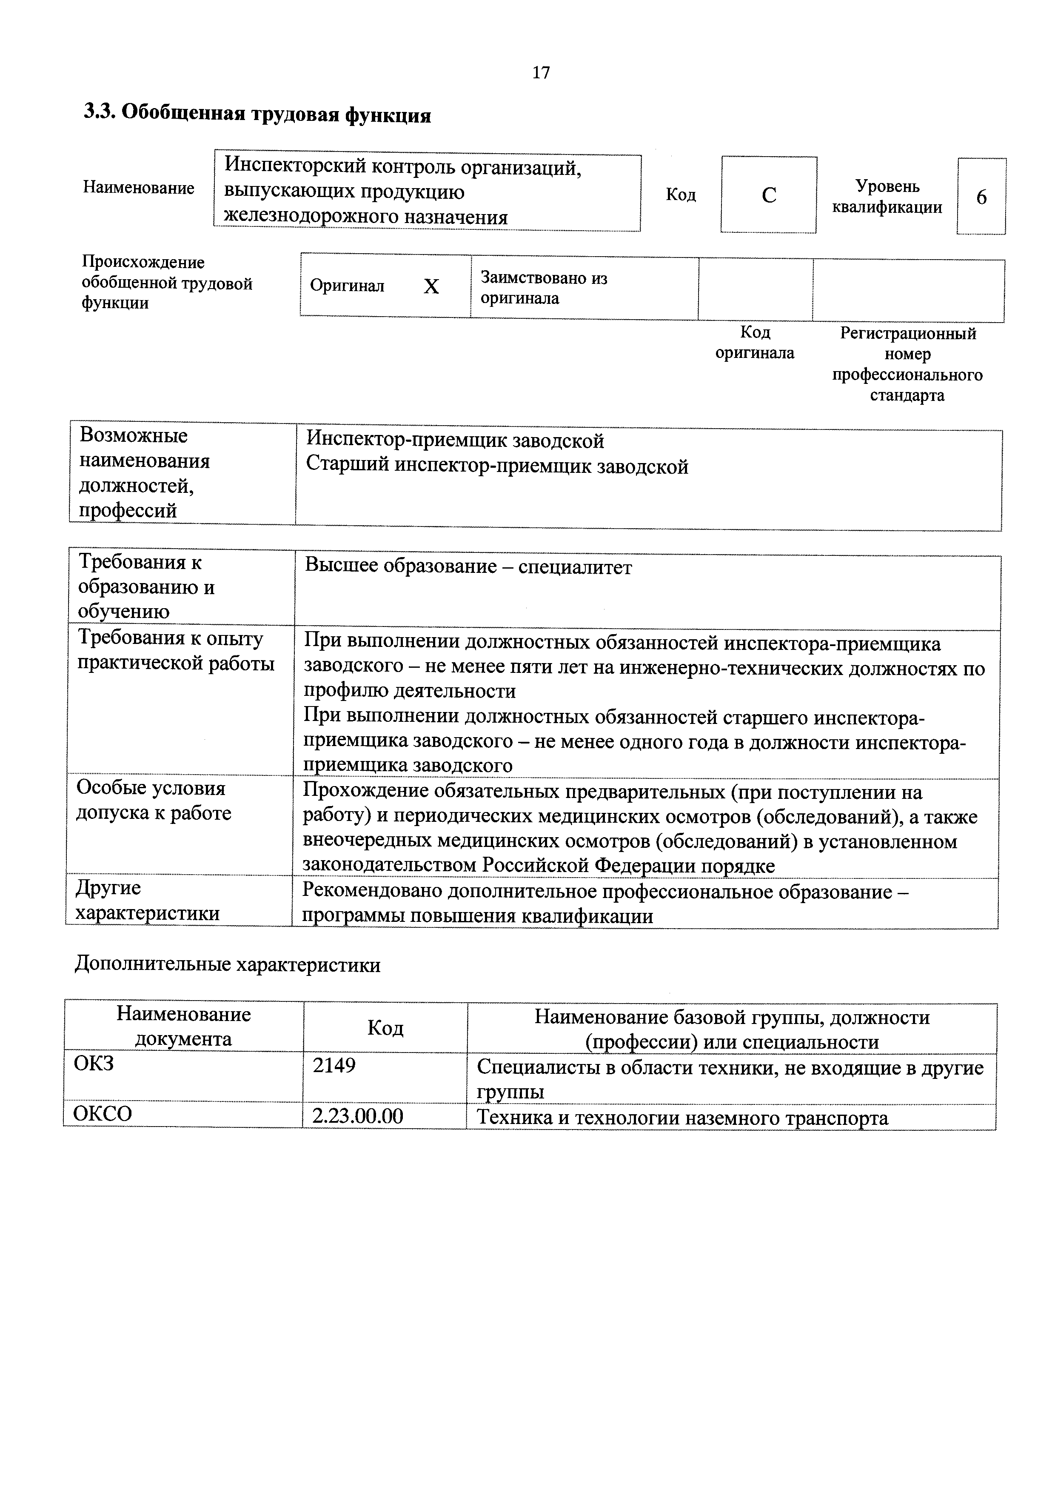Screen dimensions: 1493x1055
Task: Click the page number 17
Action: [x=541, y=72]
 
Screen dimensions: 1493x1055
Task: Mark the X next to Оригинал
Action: [x=432, y=287]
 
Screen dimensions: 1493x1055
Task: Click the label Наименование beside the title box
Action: [x=138, y=188]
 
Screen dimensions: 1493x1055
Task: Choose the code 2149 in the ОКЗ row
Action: [x=334, y=1066]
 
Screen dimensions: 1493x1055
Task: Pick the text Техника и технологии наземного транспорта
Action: [x=682, y=1117]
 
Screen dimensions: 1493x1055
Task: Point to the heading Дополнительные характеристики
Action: [x=228, y=964]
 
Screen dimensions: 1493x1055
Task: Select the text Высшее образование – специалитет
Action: [x=468, y=567]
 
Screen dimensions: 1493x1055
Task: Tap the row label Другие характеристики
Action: [x=148, y=901]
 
